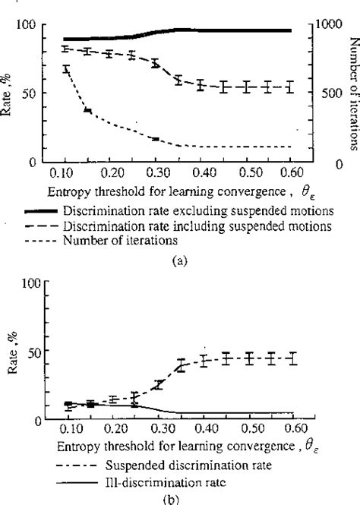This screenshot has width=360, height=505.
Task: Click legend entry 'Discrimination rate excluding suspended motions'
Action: [x=201, y=210]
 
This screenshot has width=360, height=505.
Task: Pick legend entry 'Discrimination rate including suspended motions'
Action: [x=201, y=226]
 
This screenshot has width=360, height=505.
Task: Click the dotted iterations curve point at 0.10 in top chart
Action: [x=66, y=69]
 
